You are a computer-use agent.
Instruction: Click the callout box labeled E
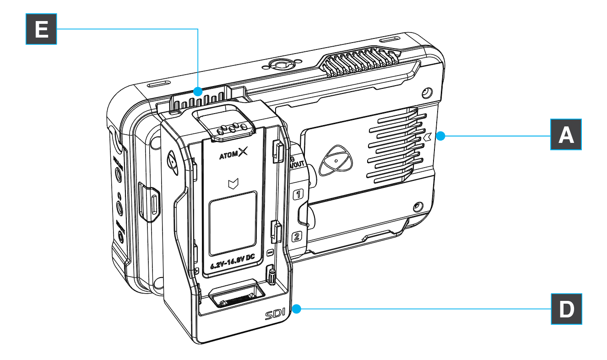41,28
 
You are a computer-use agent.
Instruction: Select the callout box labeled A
566,134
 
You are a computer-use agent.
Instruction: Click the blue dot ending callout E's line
197,91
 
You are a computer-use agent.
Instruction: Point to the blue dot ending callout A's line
440,136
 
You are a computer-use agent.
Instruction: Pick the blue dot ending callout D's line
296,310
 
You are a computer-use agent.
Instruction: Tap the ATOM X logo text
232,155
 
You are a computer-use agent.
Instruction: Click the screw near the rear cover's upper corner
426,93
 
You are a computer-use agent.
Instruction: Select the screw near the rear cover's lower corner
417,206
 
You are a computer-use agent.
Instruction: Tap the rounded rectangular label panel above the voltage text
232,223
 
